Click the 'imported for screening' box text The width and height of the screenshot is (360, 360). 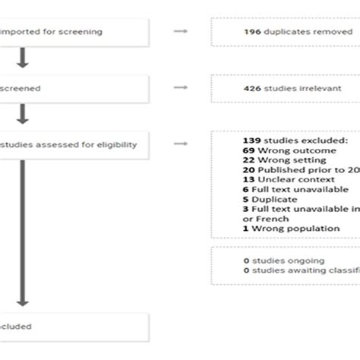pos(53,32)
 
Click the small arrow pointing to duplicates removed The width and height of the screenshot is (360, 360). pos(180,32)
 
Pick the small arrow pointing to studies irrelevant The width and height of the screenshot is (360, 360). pos(180,88)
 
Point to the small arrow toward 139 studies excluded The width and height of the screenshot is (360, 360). pos(180,141)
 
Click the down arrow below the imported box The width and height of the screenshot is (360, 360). pos(23,58)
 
